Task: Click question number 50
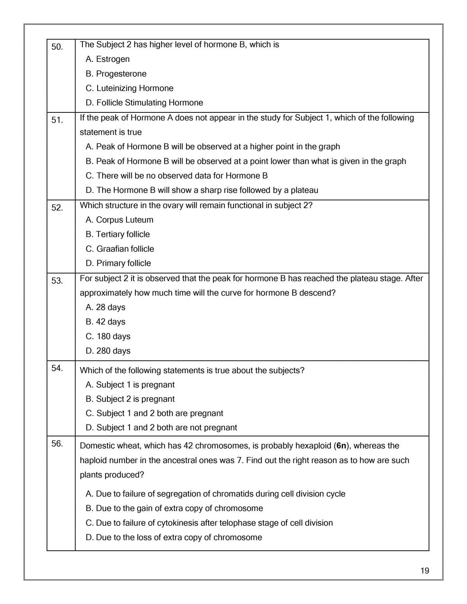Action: point(57,47)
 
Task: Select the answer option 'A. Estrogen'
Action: point(107,59)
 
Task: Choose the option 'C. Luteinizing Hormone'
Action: point(129,88)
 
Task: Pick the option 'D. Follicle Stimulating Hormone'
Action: point(144,103)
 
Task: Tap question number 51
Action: point(57,120)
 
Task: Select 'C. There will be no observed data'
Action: point(176,176)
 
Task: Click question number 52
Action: point(57,208)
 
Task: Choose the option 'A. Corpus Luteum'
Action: point(119,220)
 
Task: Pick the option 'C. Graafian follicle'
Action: point(119,249)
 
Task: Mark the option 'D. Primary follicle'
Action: point(118,263)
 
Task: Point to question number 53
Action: point(57,281)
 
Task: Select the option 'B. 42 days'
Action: point(105,322)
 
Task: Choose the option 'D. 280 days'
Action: point(108,351)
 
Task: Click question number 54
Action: point(57,368)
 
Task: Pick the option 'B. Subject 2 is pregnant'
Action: point(130,399)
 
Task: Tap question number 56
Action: point(57,444)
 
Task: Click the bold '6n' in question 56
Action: point(341,446)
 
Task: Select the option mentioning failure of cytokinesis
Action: point(209,523)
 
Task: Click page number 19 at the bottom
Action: point(425,571)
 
